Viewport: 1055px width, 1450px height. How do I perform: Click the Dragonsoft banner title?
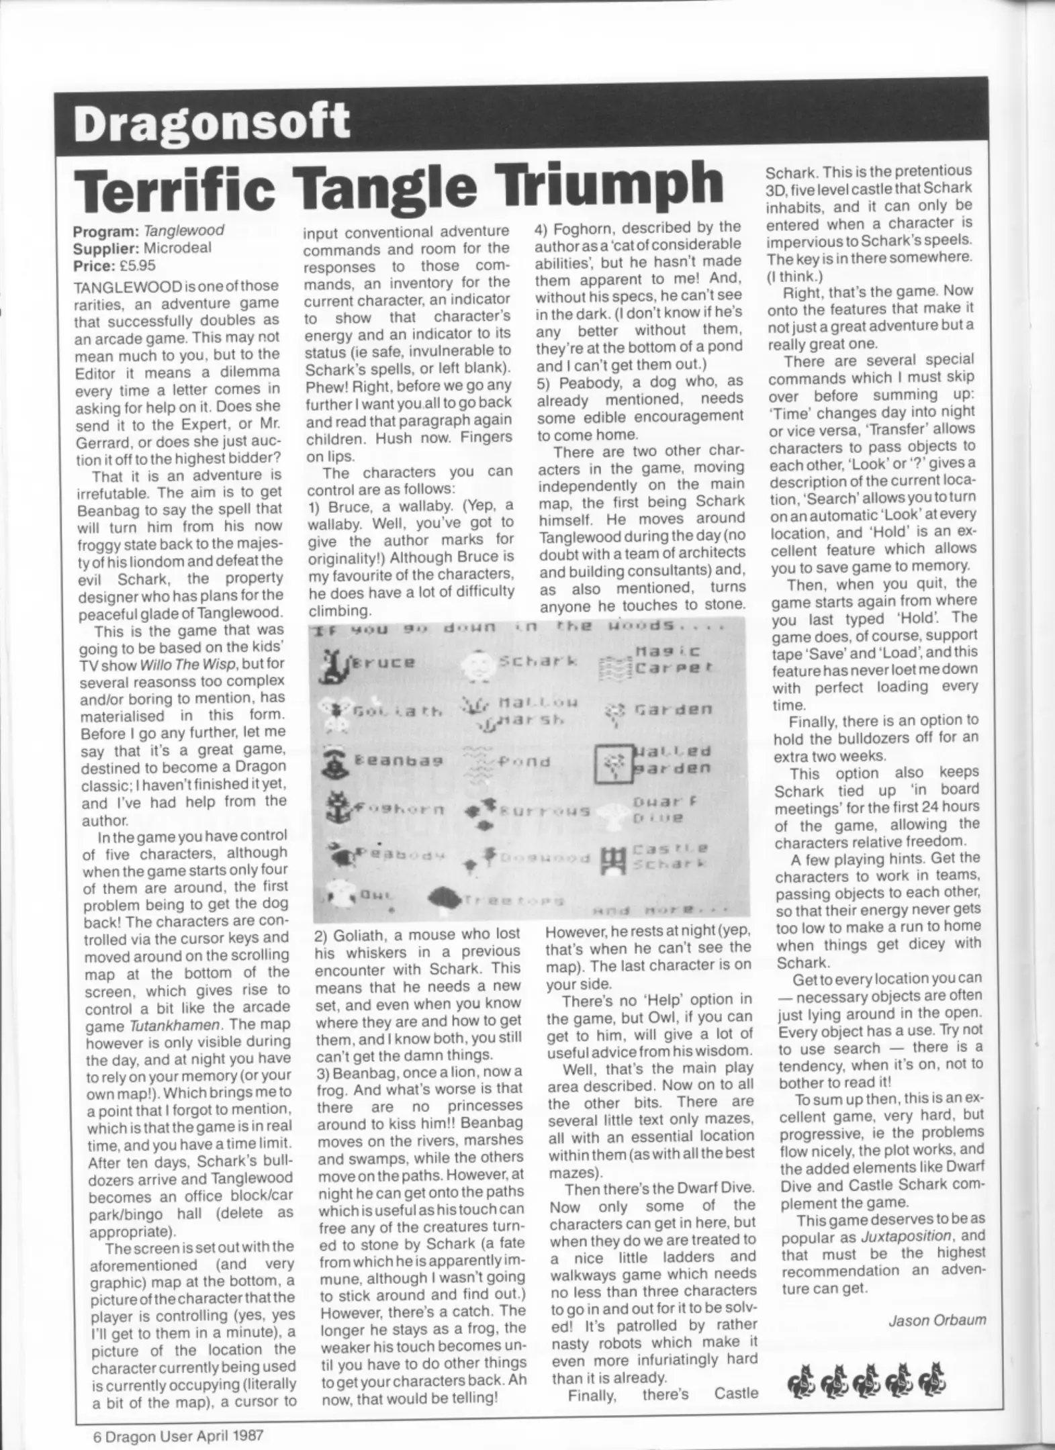tap(212, 122)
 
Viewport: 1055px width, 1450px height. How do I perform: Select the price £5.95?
tap(132, 264)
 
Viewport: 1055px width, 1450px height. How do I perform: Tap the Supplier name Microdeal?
tap(178, 247)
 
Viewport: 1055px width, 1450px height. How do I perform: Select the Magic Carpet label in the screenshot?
tap(668, 659)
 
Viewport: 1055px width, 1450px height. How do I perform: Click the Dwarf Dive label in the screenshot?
tap(658, 810)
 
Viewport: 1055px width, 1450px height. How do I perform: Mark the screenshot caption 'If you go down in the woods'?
tap(517, 628)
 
